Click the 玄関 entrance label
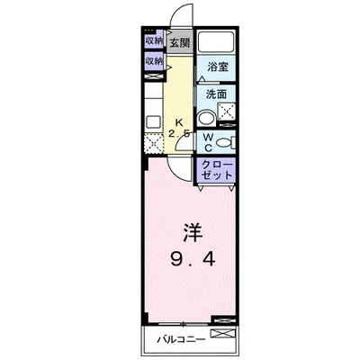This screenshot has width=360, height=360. click(179, 42)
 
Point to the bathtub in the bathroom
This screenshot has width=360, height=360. click(215, 43)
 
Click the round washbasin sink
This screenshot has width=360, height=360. click(204, 115)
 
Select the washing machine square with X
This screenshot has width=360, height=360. click(224, 112)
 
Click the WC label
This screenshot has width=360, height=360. click(206, 142)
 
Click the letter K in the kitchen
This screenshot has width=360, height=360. click(178, 123)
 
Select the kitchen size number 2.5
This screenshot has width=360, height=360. click(178, 136)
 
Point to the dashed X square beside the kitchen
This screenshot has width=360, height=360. click(153, 141)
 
